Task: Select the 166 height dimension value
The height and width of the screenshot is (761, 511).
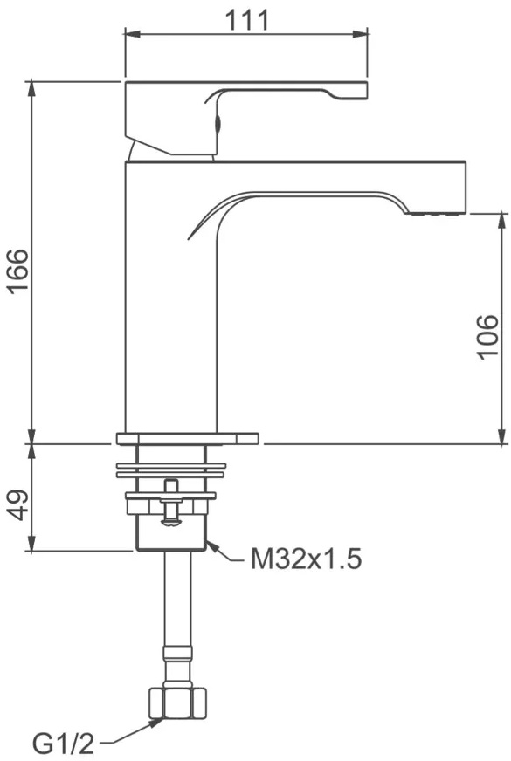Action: coord(20,271)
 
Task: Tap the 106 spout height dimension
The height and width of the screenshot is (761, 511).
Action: coord(487,337)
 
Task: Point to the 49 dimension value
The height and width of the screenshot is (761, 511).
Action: coord(20,504)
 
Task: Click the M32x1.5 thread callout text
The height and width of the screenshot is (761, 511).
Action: coord(306,559)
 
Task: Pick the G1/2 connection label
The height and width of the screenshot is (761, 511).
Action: coord(63,743)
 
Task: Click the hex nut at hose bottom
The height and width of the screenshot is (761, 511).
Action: coord(176,703)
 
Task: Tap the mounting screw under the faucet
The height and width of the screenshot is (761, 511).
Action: coord(171,504)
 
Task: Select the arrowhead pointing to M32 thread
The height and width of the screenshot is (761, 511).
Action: coord(213,546)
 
